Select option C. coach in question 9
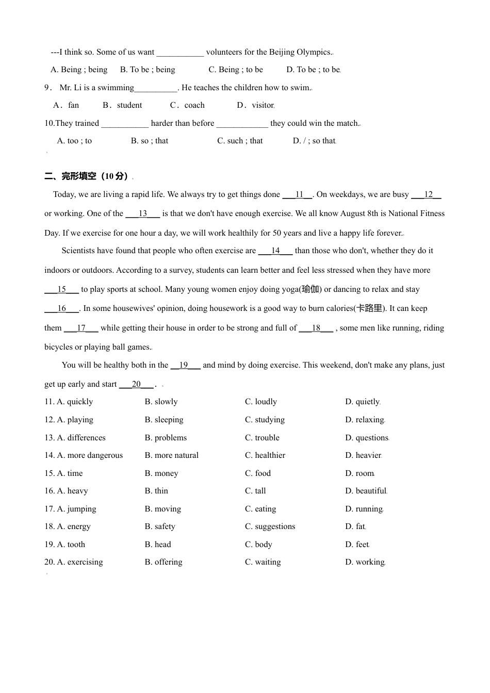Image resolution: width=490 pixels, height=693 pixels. pyautogui.click(x=187, y=105)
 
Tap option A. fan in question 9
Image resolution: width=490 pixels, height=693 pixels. pyautogui.click(x=66, y=105)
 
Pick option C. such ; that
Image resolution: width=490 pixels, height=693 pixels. pyautogui.click(x=240, y=141)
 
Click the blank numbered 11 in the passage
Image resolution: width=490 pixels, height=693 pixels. pyautogui.click(x=298, y=194)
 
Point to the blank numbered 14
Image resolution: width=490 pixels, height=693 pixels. pyautogui.click(x=275, y=251)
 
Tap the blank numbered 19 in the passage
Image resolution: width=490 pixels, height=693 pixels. pyautogui.click(x=185, y=365)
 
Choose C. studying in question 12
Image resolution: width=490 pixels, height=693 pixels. pyautogui.click(x=265, y=420)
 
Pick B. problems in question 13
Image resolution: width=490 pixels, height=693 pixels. pyautogui.click(x=166, y=438)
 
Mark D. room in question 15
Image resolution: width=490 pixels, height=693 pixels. pyautogui.click(x=360, y=473)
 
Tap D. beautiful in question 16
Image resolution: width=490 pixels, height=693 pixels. pyautogui.click(x=366, y=491)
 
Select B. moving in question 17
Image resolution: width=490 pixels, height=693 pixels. pyautogui.click(x=162, y=509)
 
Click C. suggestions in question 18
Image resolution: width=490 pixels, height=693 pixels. pyautogui.click(x=270, y=526)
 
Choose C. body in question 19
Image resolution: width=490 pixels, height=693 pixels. pyautogui.click(x=258, y=544)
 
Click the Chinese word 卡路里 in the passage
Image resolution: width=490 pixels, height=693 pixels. pyautogui.click(x=369, y=308)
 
